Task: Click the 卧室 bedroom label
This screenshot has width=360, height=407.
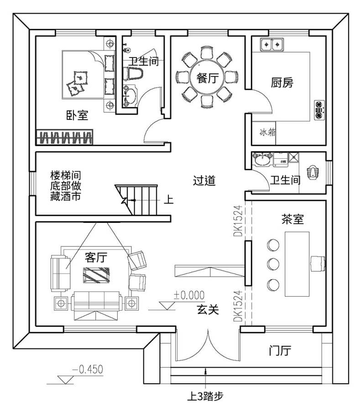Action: tap(77, 115)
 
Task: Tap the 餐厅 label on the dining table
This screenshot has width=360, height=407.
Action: tap(208, 78)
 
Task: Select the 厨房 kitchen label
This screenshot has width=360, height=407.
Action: tap(282, 83)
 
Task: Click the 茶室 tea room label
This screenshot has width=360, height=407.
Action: tap(292, 219)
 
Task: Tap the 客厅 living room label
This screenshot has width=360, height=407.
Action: tap(96, 257)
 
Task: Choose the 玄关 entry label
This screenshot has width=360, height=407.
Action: tap(208, 309)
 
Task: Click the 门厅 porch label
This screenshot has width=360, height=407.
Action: tap(280, 351)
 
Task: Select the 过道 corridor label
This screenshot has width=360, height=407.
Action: tap(204, 180)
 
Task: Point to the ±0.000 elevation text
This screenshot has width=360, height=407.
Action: tap(189, 295)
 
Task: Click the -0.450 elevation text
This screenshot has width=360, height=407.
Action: tap(88, 369)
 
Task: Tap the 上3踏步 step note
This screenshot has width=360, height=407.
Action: tap(205, 397)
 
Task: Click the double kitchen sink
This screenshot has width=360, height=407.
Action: tap(272, 44)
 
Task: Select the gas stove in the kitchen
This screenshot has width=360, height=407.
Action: tap(319, 110)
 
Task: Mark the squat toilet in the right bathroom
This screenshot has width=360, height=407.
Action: tap(313, 172)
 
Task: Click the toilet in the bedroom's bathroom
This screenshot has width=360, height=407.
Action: tap(135, 73)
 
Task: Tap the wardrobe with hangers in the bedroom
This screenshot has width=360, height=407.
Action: tap(64, 137)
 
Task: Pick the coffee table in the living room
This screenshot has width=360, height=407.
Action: tap(96, 275)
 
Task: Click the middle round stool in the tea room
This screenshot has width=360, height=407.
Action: tap(273, 264)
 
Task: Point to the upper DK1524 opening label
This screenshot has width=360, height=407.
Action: tap(238, 221)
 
